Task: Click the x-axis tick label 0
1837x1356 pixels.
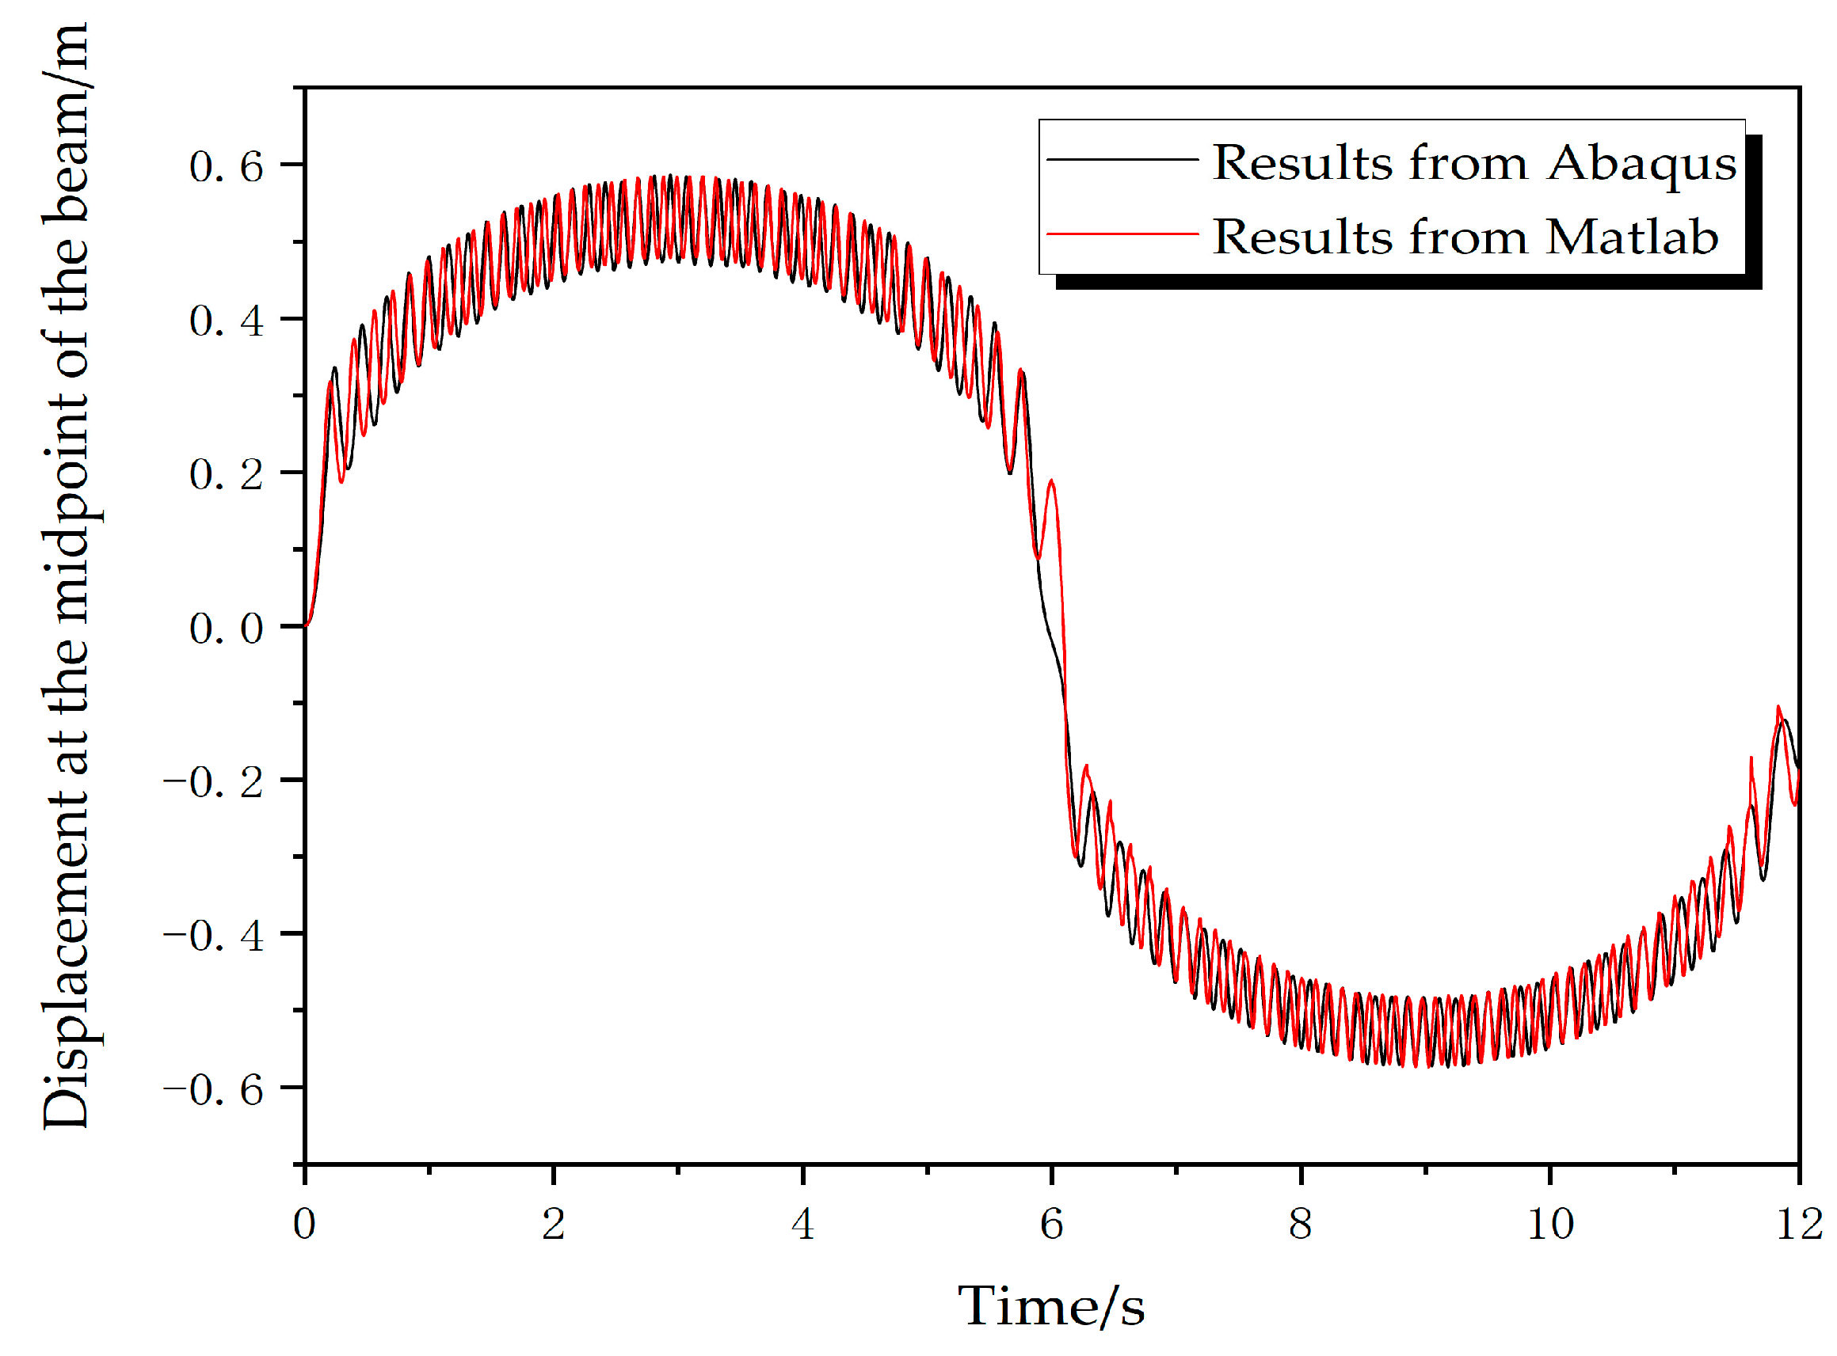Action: click(304, 1225)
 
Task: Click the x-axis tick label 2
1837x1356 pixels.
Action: click(554, 1225)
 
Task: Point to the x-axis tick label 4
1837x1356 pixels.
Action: click(802, 1225)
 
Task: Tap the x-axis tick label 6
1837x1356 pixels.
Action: click(1052, 1225)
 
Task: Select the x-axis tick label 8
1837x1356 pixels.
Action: click(1301, 1225)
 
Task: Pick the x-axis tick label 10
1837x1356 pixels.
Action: click(1549, 1225)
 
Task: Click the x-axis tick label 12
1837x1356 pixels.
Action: click(1798, 1225)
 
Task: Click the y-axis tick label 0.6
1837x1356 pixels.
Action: click(226, 166)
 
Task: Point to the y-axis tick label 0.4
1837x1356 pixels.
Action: click(226, 321)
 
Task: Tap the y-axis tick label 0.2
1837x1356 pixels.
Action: click(226, 475)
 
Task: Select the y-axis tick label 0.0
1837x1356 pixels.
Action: click(226, 629)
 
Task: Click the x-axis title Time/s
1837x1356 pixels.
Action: click(1051, 1307)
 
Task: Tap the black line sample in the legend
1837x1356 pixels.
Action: click(1122, 159)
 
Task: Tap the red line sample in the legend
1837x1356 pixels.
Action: click(1122, 234)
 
